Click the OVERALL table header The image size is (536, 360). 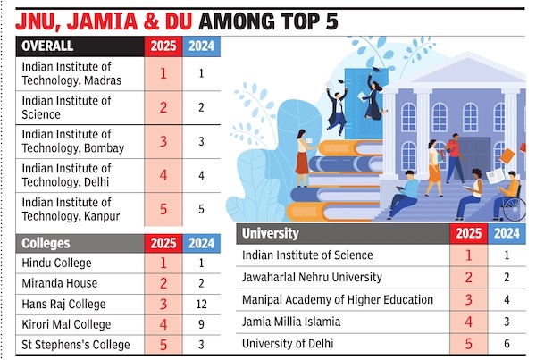49,46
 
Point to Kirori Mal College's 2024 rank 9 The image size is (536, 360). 203,324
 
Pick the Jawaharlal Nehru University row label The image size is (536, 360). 313,278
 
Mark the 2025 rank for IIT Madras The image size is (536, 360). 163,72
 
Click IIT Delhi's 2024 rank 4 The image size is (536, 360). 203,176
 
